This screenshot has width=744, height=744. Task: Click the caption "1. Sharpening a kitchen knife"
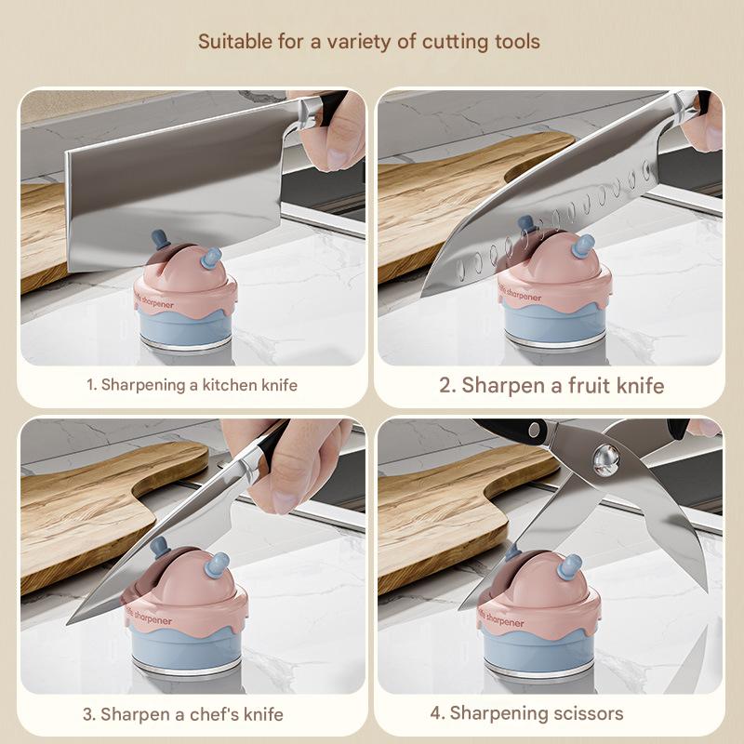tap(193, 385)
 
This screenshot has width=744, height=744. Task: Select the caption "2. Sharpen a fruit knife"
tap(551, 385)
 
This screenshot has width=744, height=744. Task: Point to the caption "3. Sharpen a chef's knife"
tap(183, 714)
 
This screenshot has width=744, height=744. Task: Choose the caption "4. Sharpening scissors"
tap(526, 713)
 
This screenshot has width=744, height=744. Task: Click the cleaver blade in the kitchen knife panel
tap(176, 190)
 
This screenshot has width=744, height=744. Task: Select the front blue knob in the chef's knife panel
tap(218, 565)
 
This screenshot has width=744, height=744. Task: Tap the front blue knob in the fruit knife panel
tap(583, 246)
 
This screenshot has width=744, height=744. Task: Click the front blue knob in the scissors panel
tap(570, 566)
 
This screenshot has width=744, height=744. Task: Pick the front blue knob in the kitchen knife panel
tap(211, 259)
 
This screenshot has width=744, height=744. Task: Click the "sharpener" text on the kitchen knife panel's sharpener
tap(158, 304)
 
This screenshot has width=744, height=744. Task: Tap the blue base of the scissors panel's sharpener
tap(539, 651)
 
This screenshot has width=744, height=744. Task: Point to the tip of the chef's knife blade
tap(68, 622)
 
